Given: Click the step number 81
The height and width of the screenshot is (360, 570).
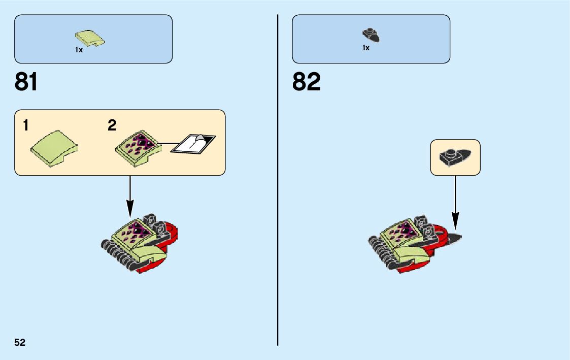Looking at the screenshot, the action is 26,82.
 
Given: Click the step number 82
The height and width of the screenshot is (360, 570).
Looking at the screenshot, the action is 306,82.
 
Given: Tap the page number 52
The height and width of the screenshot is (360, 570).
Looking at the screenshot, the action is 20,342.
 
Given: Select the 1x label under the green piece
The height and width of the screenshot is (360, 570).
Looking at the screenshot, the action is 79,50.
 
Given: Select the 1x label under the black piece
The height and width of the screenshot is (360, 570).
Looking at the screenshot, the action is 365,48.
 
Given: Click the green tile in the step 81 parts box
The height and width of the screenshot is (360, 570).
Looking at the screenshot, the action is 90,38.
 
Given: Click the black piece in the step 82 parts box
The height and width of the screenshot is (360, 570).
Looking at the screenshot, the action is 371,35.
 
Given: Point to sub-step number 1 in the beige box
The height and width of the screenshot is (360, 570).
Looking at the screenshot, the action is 25,126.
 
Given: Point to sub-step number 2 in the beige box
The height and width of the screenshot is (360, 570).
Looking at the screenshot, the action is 112,126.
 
